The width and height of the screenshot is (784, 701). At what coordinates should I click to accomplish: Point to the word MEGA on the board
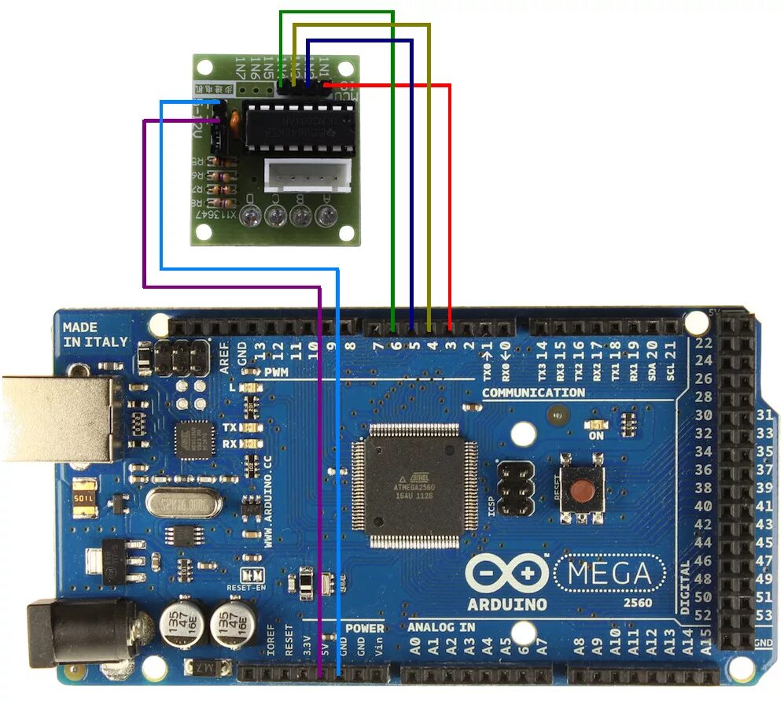pyautogui.click(x=609, y=574)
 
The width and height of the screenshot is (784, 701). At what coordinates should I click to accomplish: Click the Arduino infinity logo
pyautogui.click(x=507, y=575)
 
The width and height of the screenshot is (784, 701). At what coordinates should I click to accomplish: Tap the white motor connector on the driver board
pyautogui.click(x=308, y=175)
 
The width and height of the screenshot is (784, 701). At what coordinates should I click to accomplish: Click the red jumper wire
pyautogui.click(x=449, y=197)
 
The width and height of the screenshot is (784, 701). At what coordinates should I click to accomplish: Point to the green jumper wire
pyautogui.click(x=392, y=157)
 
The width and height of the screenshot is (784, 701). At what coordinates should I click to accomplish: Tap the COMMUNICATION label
pyautogui.click(x=532, y=392)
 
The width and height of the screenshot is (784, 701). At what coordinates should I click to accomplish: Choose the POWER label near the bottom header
pyautogui.click(x=365, y=628)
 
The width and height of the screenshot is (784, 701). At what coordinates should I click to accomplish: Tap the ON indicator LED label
pyautogui.click(x=596, y=435)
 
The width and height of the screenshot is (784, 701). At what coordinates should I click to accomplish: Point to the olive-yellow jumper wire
pyautogui.click(x=429, y=157)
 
